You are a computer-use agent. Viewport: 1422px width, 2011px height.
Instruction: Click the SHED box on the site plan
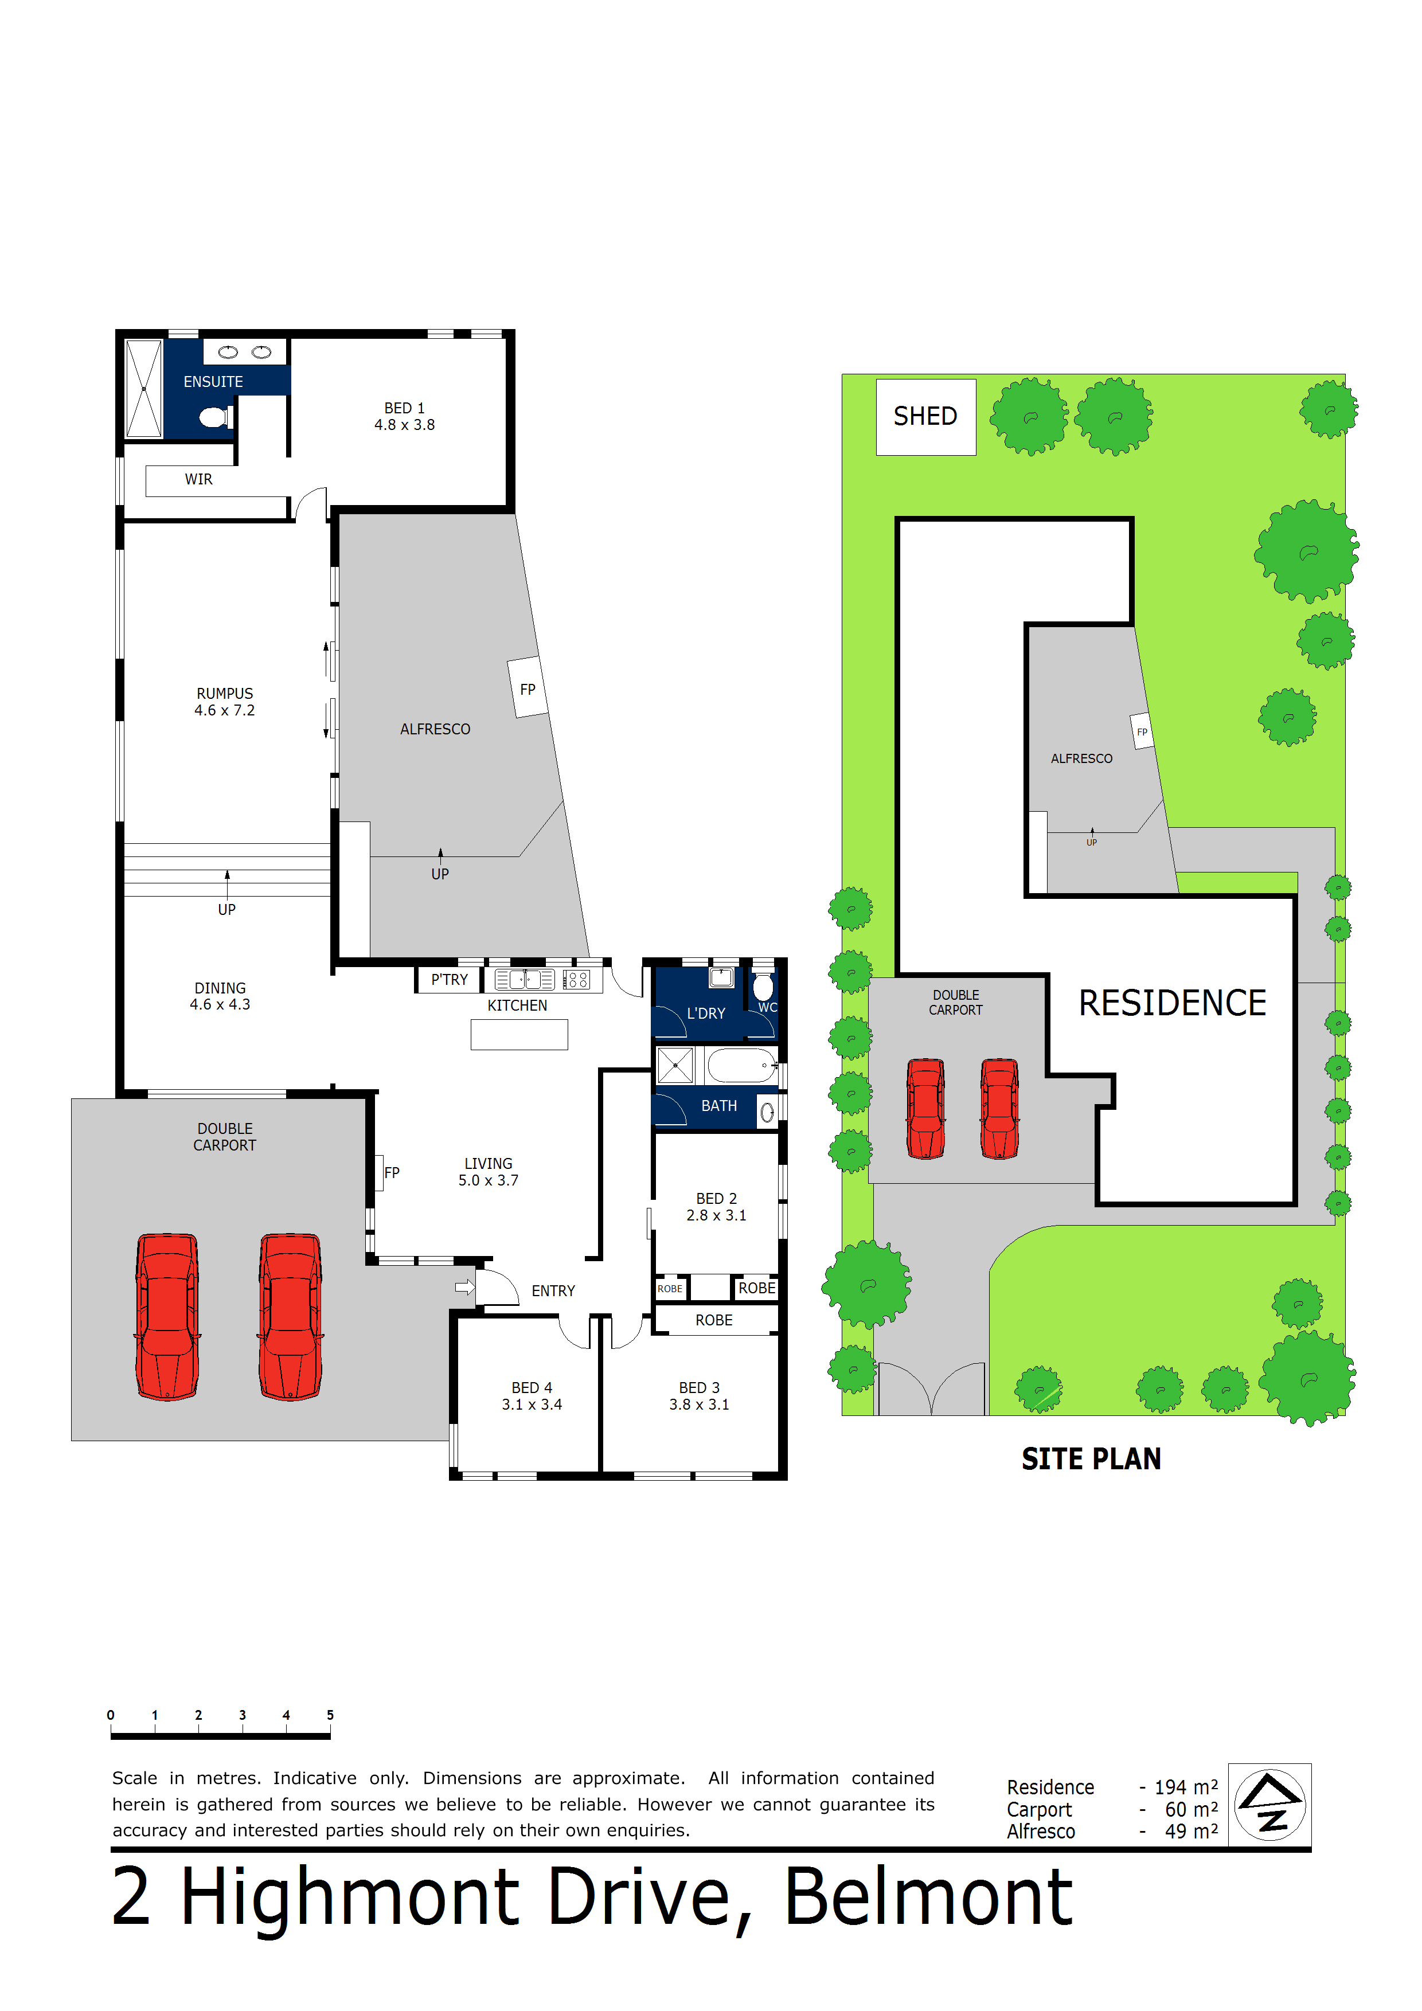(925, 416)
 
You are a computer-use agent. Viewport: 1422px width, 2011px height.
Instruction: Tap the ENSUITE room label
(213, 382)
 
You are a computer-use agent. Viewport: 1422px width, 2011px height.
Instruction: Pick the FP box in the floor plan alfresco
(528, 688)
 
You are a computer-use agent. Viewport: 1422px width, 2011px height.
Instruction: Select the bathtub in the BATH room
(741, 1065)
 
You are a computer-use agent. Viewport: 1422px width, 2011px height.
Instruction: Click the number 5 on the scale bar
(330, 1715)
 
